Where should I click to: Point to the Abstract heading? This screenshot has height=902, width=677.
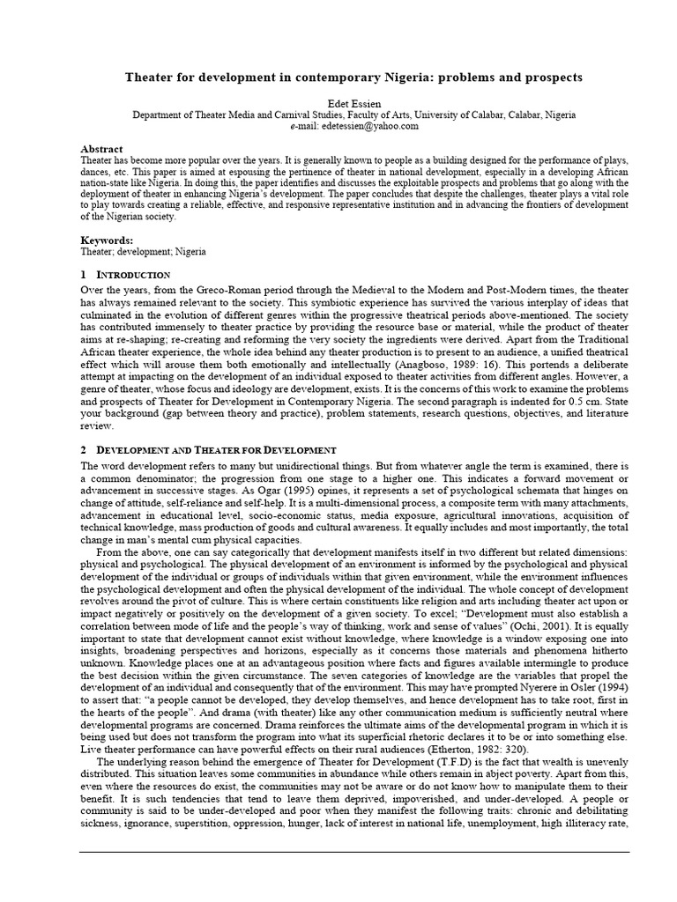tap(101, 149)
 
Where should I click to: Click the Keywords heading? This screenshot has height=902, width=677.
tap(107, 240)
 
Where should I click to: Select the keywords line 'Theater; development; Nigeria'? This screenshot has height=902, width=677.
tap(143, 251)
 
